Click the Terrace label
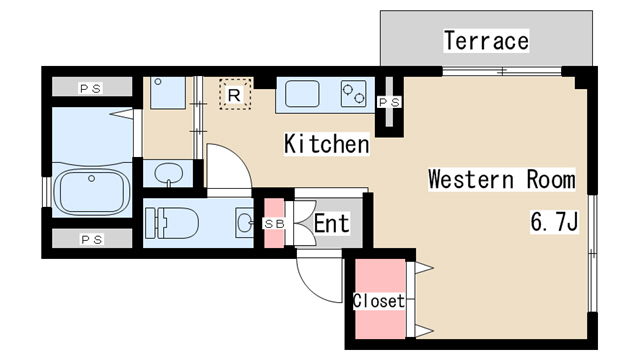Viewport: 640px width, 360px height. pos(486,41)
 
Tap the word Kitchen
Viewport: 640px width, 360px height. pos(327,144)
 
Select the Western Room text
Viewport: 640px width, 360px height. pos(501,180)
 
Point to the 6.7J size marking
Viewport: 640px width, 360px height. pos(554,222)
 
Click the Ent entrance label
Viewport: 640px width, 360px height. pos(331,223)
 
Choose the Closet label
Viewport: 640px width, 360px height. pos(379,300)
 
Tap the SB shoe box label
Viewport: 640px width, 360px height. pos(273,222)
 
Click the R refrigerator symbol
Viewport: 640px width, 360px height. pos(233,94)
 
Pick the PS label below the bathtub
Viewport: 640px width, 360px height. pos(92,239)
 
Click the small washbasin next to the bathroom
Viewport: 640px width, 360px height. pos(169,172)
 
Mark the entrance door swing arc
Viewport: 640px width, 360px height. pos(318,274)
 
